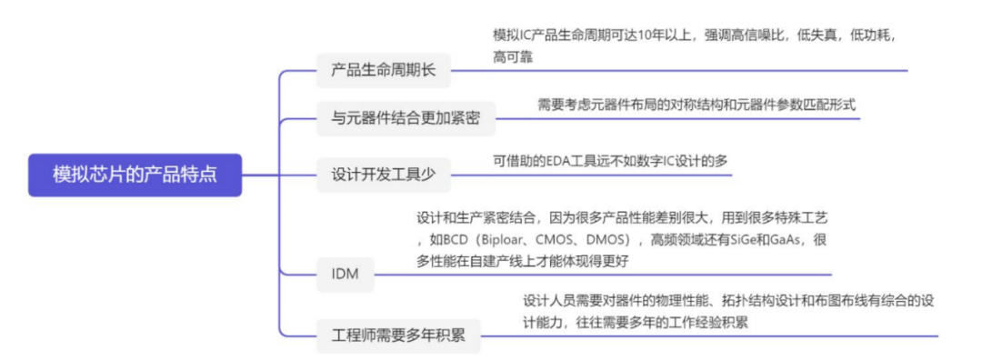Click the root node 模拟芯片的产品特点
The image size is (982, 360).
point(135,175)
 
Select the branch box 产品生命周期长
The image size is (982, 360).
point(384,70)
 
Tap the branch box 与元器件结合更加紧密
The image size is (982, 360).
point(406,118)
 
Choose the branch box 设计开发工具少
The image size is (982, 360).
point(384,175)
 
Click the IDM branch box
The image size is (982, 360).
point(346,275)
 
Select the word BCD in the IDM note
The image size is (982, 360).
point(445,240)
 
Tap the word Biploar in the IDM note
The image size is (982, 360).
point(490,240)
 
